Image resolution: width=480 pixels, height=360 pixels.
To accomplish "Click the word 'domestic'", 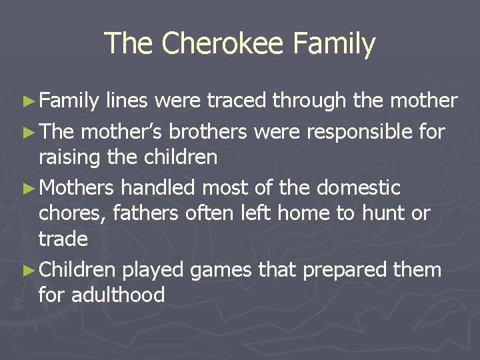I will pyautogui.click(x=358, y=188).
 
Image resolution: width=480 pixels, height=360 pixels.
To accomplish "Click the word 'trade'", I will pyautogui.click(x=63, y=238).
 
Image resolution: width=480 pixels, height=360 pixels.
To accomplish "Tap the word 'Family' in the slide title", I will pyautogui.click(x=337, y=44).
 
